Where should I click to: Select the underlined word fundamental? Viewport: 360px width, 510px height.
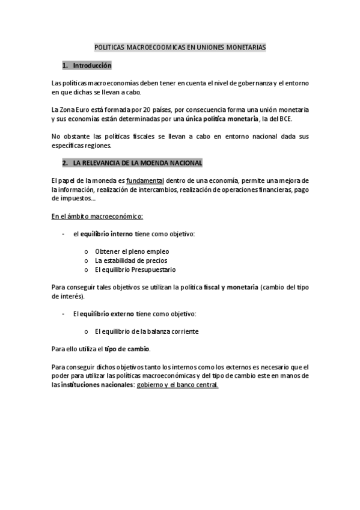point(145,181)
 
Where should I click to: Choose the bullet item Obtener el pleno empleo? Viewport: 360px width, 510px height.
point(132,251)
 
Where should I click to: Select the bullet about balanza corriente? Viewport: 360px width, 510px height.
point(146,331)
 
